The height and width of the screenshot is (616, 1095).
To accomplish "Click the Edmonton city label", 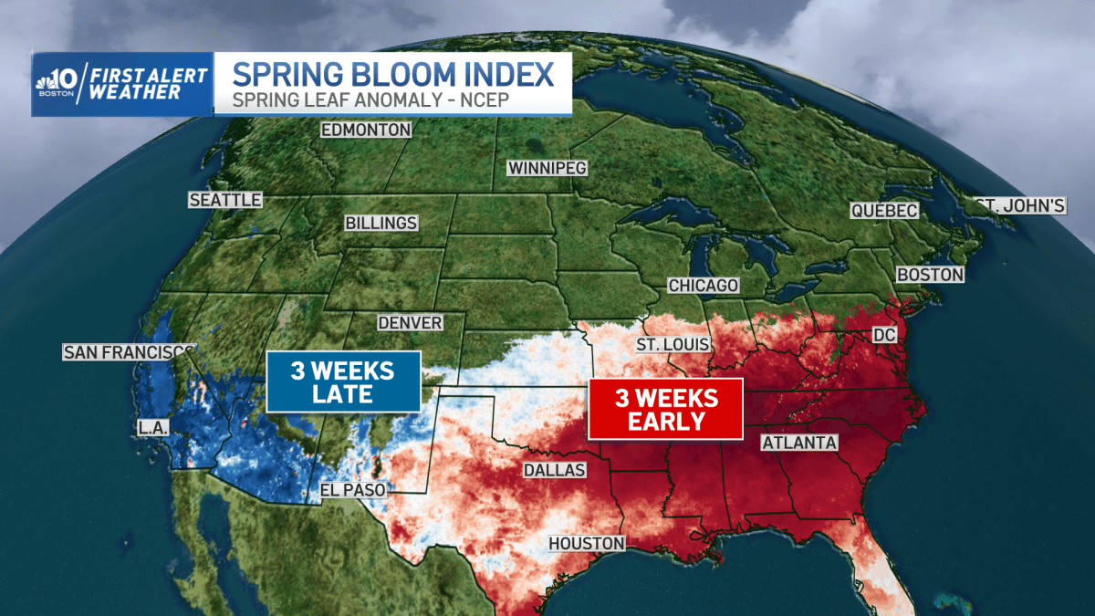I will (366, 130).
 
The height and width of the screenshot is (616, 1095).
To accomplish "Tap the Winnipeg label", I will (547, 168).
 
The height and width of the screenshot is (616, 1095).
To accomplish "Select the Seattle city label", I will (225, 200).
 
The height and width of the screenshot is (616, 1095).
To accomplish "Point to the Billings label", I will (381, 223).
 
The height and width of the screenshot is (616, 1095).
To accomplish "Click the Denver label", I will (411, 323).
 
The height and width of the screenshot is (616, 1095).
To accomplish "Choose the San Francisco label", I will (128, 352).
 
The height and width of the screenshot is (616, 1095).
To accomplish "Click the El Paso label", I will (352, 490).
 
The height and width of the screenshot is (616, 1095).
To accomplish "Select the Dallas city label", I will (554, 470).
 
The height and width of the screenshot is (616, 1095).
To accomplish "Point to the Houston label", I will (587, 543).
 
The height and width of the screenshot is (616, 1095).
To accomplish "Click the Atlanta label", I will (799, 443).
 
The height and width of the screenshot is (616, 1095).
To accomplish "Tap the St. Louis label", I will (673, 344).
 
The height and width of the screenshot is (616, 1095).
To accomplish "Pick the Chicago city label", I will (703, 286).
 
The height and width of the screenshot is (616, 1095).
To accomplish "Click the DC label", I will (885, 336).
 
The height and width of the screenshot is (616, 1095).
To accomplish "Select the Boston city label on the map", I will (930, 274).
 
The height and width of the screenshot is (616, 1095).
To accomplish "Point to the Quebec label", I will (883, 211).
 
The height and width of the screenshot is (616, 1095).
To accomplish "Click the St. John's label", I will (1019, 205).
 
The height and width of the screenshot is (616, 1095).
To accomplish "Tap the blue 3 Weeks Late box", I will (343, 382).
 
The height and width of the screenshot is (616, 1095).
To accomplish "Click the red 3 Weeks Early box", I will (665, 409).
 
